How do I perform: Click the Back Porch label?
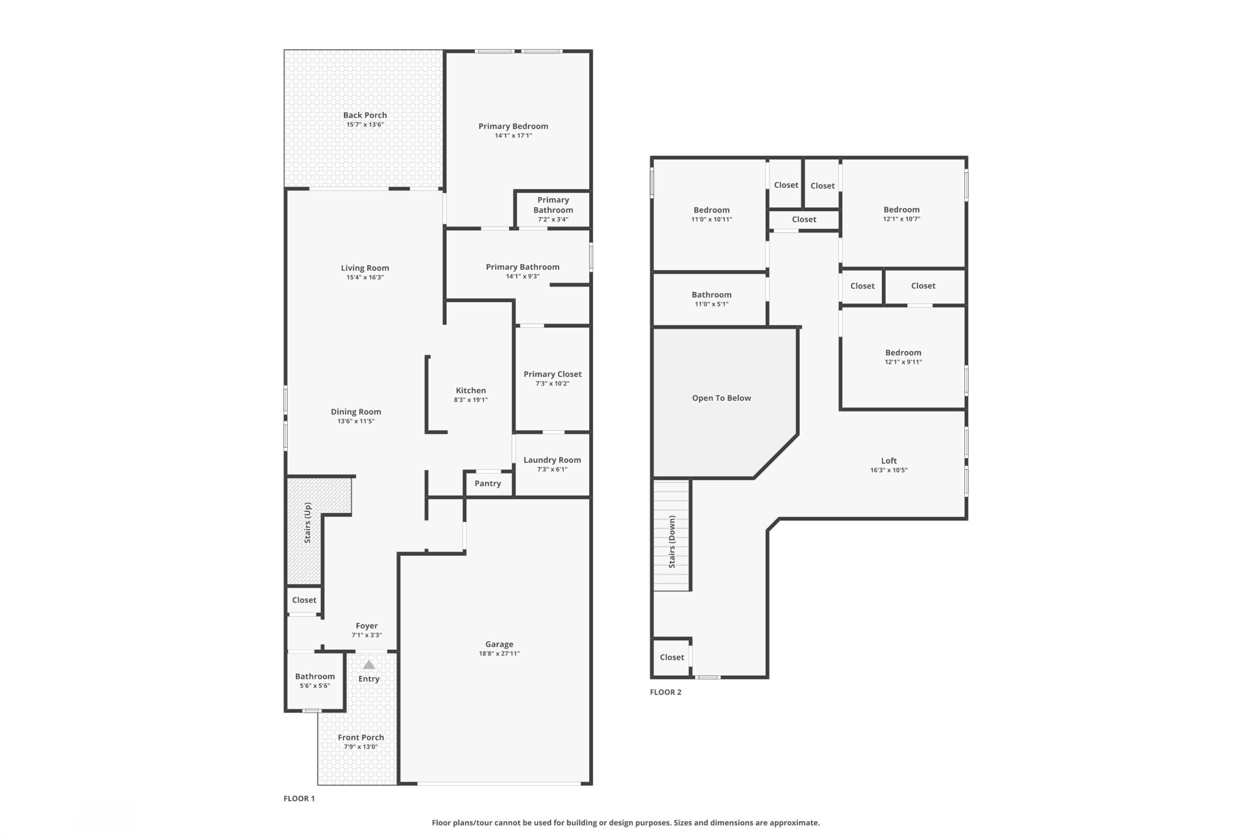point(365,115)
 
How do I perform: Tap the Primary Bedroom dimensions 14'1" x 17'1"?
point(513,136)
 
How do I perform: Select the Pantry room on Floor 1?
point(488,483)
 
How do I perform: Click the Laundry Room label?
point(552,460)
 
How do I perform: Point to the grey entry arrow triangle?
point(369,665)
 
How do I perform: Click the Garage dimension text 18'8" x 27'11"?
point(499,654)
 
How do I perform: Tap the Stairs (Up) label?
point(307,522)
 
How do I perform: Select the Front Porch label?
point(360,738)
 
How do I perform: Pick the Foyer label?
point(366,626)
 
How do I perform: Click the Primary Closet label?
point(552,374)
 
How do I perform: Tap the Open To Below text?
point(721,398)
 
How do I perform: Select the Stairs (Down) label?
point(672,542)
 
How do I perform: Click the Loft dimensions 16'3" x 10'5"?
point(889,470)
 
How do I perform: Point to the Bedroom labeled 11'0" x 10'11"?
point(711,214)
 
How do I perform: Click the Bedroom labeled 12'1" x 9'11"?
point(903,357)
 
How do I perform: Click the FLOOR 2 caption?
point(666,692)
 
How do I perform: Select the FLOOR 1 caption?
point(299,798)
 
